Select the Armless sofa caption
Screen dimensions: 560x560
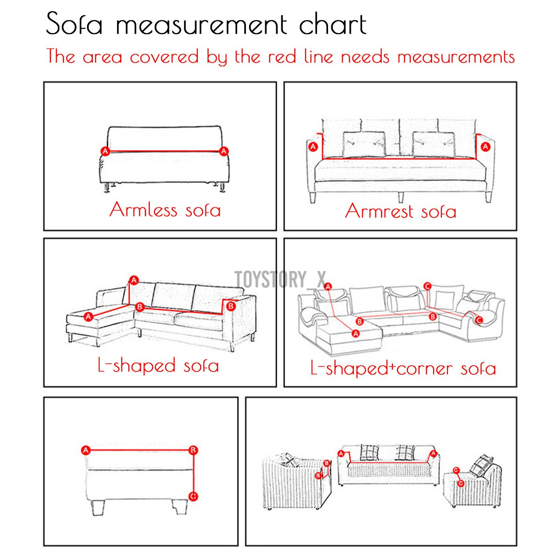click(x=165, y=210)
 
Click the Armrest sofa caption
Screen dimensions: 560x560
click(x=400, y=211)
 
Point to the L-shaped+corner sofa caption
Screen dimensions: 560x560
click(x=403, y=369)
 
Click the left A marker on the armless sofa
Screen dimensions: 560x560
click(x=105, y=151)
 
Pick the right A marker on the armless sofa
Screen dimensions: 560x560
click(x=224, y=151)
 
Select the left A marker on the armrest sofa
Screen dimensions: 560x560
click(x=313, y=147)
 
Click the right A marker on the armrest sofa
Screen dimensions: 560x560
click(x=485, y=147)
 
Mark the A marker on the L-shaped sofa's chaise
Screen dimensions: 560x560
click(x=88, y=317)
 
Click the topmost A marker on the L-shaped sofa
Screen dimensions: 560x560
click(x=134, y=280)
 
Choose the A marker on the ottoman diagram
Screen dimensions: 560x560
click(x=85, y=450)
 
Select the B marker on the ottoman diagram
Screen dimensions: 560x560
click(x=193, y=450)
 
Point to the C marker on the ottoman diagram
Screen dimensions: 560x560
click(x=193, y=496)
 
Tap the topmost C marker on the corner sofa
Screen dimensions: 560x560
click(x=427, y=286)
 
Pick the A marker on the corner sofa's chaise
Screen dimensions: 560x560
click(x=356, y=333)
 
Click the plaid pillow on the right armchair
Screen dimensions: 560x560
click(x=481, y=466)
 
